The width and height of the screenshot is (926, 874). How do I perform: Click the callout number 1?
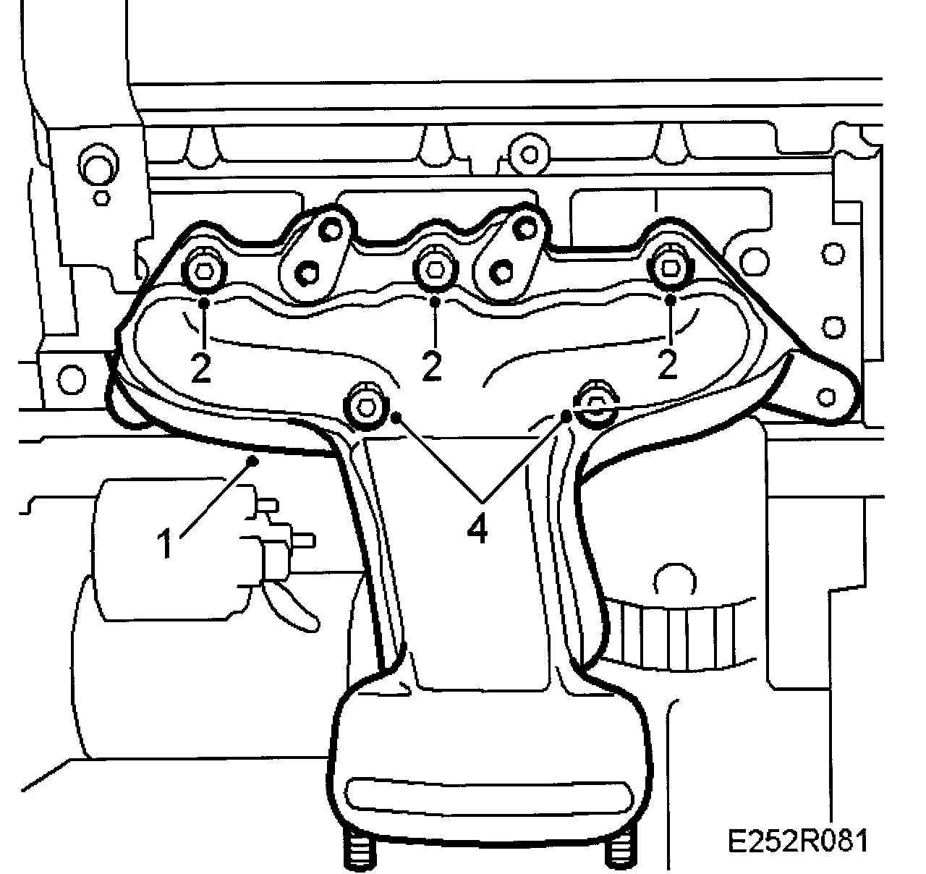[x=167, y=544]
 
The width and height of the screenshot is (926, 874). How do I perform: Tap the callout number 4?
[x=477, y=530]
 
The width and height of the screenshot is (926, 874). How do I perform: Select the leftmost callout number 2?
[x=201, y=368]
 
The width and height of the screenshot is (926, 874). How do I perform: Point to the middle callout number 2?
[x=432, y=368]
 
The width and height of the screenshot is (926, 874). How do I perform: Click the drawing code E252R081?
[x=797, y=841]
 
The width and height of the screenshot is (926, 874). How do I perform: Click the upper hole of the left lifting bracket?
[x=332, y=230]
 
